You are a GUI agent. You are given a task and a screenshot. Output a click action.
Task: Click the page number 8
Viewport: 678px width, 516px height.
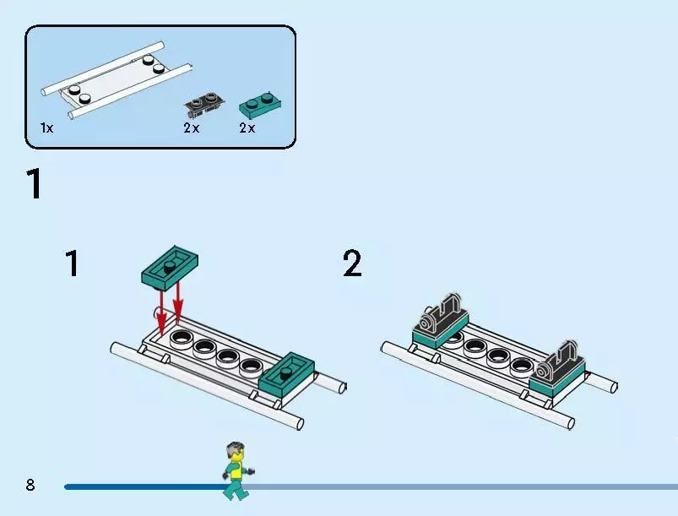coord(30,485)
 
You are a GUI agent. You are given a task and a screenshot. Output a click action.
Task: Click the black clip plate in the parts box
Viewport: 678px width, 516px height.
coord(203,104)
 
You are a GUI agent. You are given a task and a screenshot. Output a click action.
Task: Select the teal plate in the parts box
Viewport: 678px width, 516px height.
coord(260,104)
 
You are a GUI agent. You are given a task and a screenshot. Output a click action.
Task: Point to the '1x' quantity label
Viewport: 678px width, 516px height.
coord(46,128)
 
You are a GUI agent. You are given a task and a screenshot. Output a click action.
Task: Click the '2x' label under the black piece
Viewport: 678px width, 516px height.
coord(191,128)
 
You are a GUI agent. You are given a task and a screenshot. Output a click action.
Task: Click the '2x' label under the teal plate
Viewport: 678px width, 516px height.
coord(247,128)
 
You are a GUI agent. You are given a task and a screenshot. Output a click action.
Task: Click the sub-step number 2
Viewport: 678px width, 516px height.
coord(352,263)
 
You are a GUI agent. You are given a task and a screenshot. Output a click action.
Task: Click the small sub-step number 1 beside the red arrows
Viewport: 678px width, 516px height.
coord(73,263)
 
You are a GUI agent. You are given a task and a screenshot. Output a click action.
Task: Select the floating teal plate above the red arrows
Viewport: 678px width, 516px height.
coord(170,268)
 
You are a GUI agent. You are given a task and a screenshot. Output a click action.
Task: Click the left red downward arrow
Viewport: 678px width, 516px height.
coord(161,312)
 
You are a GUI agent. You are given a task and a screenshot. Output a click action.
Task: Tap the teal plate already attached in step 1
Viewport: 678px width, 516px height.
coord(286,375)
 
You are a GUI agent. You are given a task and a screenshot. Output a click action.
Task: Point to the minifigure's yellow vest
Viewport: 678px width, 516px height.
coord(236,471)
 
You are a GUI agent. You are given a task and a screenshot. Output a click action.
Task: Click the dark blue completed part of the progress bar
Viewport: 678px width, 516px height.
coord(146,487)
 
